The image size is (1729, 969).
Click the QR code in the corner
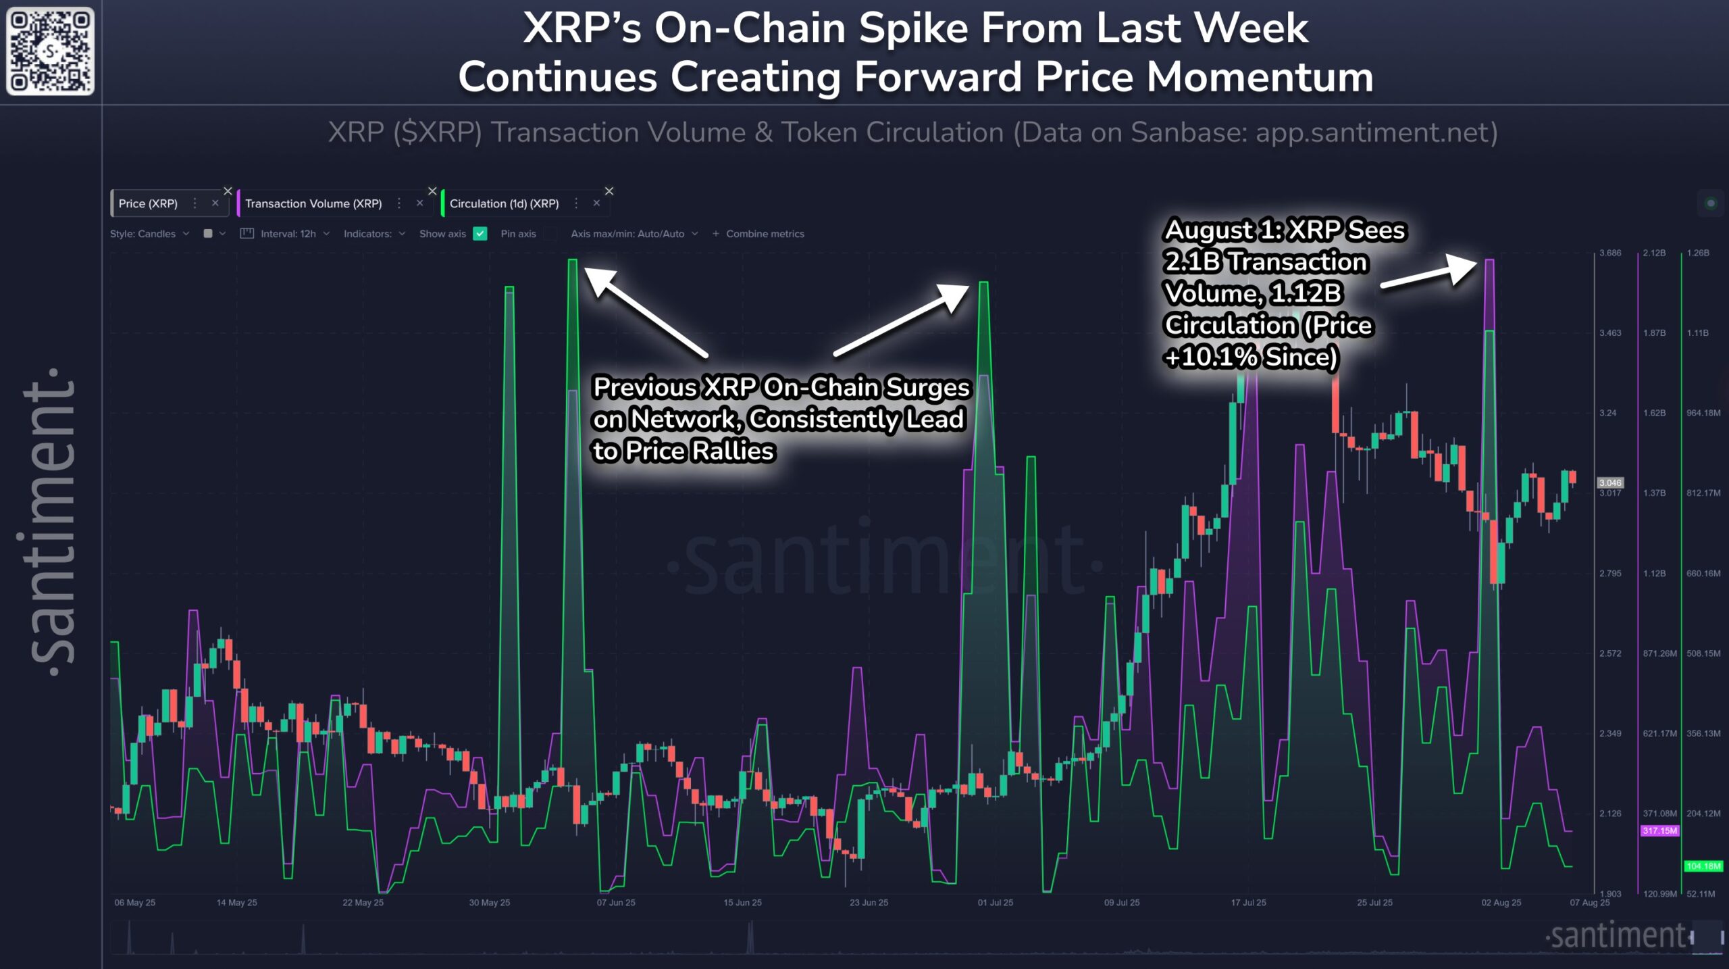point(50,51)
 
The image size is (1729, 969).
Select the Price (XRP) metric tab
point(148,203)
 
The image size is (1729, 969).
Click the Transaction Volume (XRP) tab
point(313,203)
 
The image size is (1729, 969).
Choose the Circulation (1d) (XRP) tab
point(504,203)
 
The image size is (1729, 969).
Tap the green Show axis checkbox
point(480,234)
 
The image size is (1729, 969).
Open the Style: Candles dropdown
point(149,234)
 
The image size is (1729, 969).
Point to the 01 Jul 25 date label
point(995,903)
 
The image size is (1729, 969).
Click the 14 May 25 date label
point(236,903)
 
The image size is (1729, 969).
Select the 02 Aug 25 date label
point(1501,903)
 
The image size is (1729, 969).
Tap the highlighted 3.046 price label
point(1610,482)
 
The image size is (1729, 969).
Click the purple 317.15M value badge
point(1659,830)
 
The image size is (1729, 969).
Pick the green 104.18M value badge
point(1703,866)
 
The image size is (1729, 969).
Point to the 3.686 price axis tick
point(1610,253)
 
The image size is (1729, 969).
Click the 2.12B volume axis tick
point(1654,253)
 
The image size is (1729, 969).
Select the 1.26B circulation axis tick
point(1697,253)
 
